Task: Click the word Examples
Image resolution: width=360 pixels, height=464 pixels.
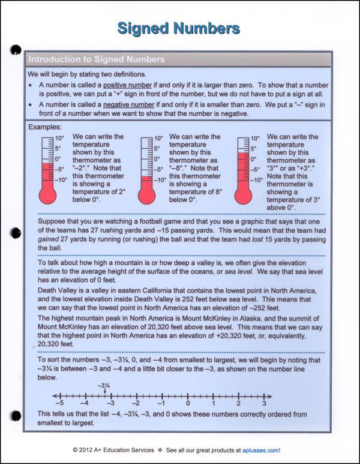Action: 44,127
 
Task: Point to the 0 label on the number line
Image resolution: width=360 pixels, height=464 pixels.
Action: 188,403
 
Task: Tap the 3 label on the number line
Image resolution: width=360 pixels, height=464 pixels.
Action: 264,403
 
